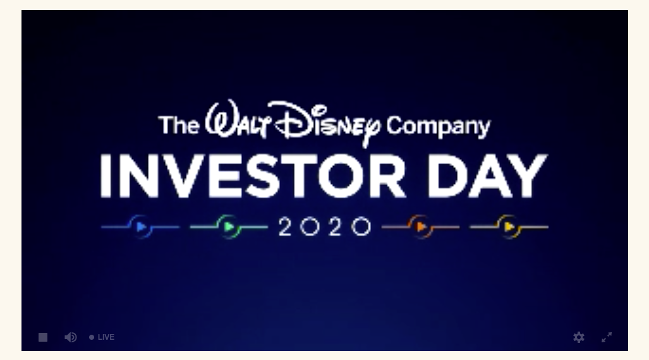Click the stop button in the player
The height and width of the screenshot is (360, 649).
pos(43,337)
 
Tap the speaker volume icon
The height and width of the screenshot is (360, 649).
pos(71,337)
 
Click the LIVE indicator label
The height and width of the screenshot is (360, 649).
pos(106,337)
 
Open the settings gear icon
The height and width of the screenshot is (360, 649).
pos(579,337)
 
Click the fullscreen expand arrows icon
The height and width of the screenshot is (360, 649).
pos(607,337)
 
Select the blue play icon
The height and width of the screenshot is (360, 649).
pos(141,227)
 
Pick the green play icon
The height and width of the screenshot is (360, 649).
pos(229,227)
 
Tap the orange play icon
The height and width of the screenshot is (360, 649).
pos(421,227)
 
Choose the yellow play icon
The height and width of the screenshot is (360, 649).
pos(509,227)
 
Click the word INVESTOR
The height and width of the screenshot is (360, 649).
pos(253,176)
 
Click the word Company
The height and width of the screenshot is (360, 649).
pos(439,126)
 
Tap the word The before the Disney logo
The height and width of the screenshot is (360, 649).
pos(179,124)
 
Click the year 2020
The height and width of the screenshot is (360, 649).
pos(325,227)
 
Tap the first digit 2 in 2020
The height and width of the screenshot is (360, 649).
pos(285,227)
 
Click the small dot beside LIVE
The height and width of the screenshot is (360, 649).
pos(92,337)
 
